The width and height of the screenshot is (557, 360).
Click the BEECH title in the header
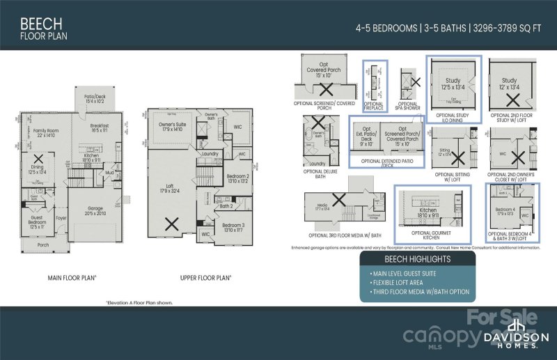33,23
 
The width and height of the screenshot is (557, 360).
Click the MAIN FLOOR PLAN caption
72,277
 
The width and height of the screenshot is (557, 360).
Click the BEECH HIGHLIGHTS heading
416,259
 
